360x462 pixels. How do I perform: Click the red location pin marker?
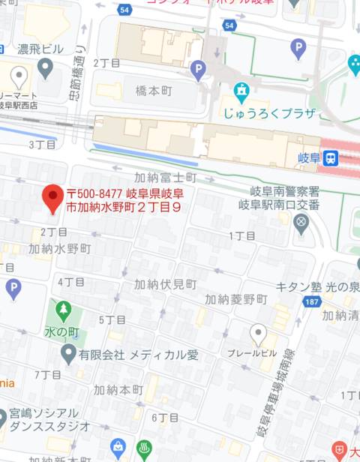[52, 197]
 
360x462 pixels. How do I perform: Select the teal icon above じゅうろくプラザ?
[241, 93]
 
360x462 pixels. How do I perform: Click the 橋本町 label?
[154, 88]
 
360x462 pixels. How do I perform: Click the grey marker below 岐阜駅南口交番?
[301, 221]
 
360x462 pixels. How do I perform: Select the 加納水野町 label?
[60, 248]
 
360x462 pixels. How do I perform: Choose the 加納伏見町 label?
[165, 284]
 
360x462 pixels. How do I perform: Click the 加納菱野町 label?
[235, 298]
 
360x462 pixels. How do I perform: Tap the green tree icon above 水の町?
[63, 308]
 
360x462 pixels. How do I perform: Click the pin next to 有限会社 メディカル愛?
[68, 353]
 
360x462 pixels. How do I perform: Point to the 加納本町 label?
[118, 390]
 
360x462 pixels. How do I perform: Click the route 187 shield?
[310, 301]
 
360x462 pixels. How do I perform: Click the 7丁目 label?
[47, 373]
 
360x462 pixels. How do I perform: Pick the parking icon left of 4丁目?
[13, 287]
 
